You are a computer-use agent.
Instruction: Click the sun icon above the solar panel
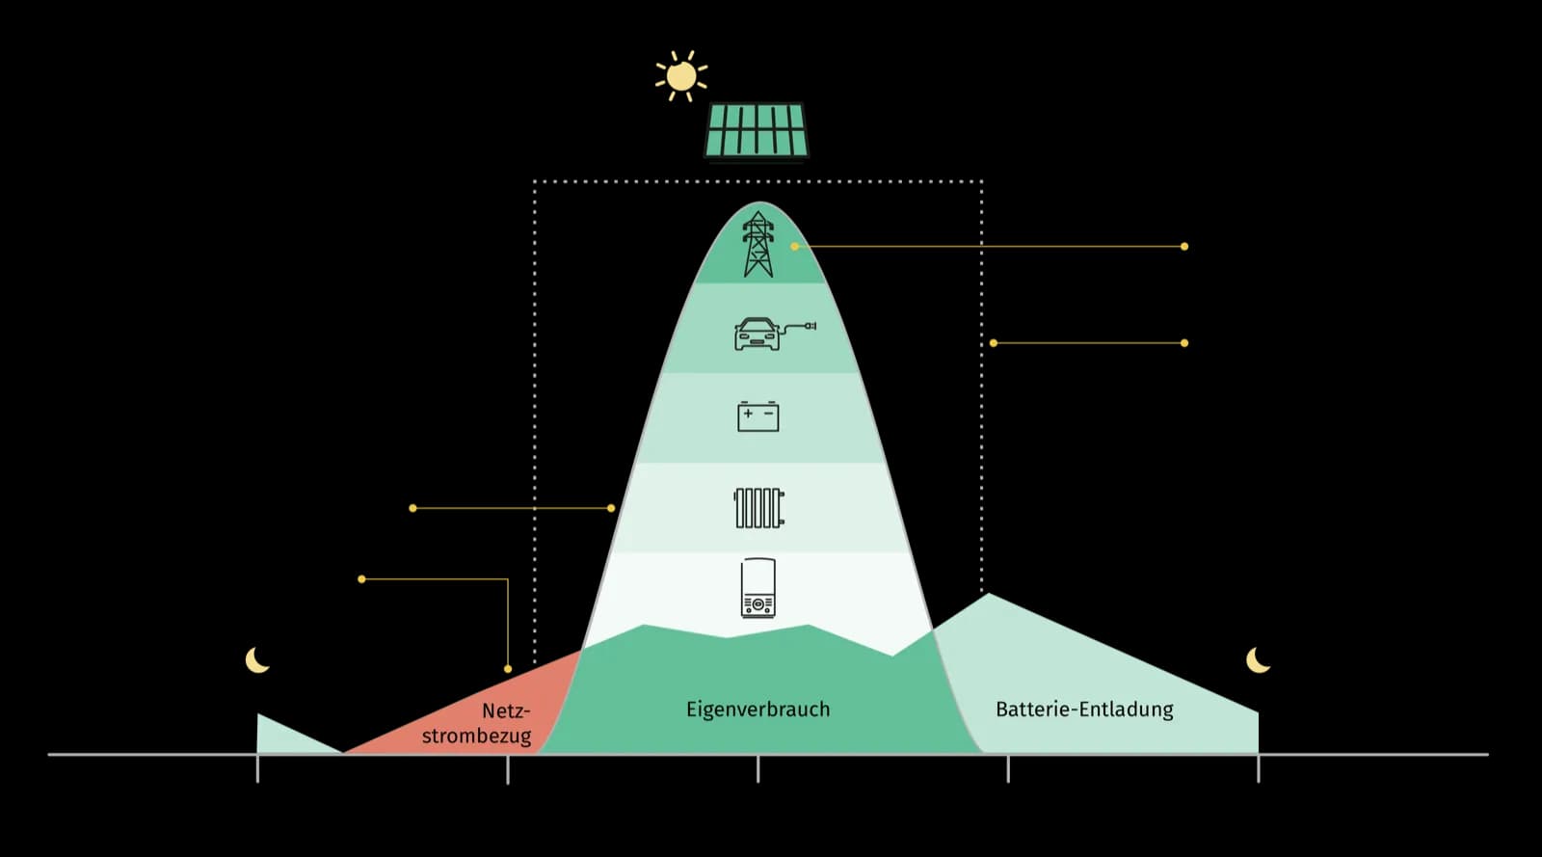pyautogui.click(x=681, y=76)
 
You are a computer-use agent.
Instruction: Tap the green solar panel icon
pyautogui.click(x=757, y=130)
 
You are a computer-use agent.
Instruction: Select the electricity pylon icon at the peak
pyautogui.click(x=758, y=245)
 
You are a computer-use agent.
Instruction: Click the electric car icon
pyautogui.click(x=758, y=334)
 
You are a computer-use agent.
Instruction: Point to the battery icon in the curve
pyautogui.click(x=758, y=416)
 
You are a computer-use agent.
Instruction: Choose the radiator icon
pyautogui.click(x=758, y=508)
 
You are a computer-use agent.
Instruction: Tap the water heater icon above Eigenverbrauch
pyautogui.click(x=758, y=588)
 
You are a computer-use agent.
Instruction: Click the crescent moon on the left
pyautogui.click(x=256, y=660)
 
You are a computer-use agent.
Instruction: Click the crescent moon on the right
pyautogui.click(x=1258, y=660)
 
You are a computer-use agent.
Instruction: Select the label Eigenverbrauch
pyautogui.click(x=758, y=710)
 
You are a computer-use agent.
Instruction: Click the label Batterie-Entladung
pyautogui.click(x=1084, y=710)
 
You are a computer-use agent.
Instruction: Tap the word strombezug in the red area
pyautogui.click(x=476, y=736)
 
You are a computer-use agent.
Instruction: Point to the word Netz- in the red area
pyautogui.click(x=506, y=711)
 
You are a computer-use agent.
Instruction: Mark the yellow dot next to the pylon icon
pyautogui.click(x=795, y=247)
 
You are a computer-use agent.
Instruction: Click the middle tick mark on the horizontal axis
pyautogui.click(x=758, y=768)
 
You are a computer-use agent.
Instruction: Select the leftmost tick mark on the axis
pyautogui.click(x=257, y=768)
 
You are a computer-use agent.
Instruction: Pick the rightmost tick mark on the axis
pyautogui.click(x=1258, y=768)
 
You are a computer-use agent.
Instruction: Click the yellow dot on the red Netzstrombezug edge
pyautogui.click(x=508, y=669)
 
